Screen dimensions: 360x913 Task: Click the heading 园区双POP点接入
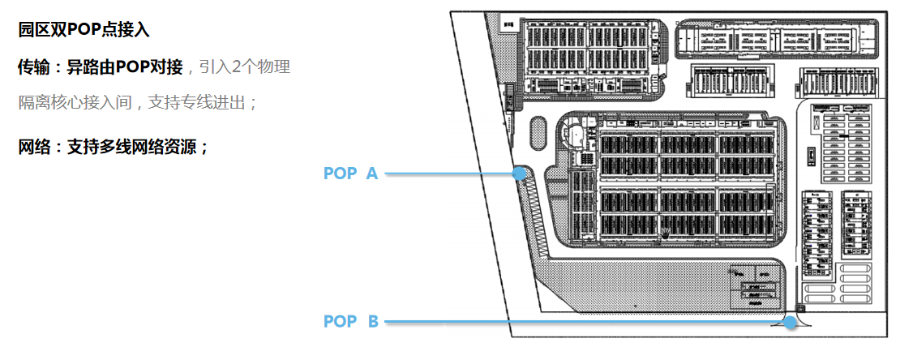(x=84, y=31)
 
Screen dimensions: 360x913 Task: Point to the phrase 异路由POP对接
(x=124, y=67)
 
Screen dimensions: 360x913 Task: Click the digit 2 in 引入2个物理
(x=238, y=67)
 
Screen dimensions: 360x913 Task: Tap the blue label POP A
(x=350, y=174)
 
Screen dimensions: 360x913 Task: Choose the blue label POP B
(x=350, y=322)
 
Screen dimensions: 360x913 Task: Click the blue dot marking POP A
(x=518, y=173)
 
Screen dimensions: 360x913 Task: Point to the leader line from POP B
(x=584, y=322)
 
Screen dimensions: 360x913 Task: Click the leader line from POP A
(x=450, y=173)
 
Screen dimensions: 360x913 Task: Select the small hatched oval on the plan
(x=536, y=132)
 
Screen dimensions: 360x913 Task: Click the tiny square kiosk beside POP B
(x=801, y=308)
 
